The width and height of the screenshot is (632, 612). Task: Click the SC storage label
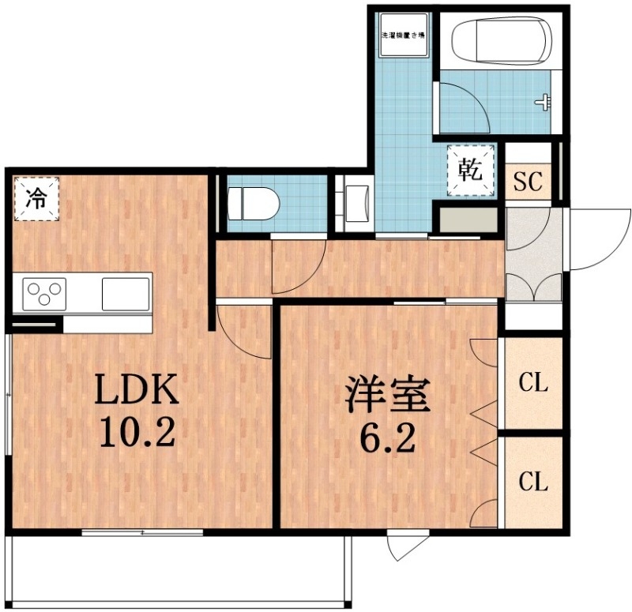527,182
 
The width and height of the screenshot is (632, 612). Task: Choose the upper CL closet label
533,384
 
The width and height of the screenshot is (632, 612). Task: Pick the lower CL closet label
533,481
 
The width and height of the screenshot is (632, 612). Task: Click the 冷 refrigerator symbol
36,198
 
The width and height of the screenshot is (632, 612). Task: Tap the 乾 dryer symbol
472,169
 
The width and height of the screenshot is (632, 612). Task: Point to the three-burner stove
45,295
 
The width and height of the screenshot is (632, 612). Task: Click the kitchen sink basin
124,294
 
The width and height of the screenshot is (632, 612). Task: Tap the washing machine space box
404,35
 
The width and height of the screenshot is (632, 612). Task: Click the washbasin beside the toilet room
353,203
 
